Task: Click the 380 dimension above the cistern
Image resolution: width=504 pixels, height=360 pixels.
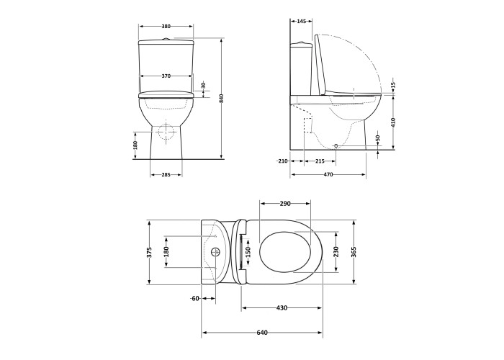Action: pos(166,27)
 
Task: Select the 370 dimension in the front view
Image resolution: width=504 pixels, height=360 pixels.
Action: pos(166,76)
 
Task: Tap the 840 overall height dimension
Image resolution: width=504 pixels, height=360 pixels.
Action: pos(222,98)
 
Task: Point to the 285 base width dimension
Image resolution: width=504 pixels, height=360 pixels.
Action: pos(166,175)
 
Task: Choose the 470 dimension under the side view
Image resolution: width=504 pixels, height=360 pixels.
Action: pos(328,175)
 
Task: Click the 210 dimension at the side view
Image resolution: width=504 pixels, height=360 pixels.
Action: pos(282,161)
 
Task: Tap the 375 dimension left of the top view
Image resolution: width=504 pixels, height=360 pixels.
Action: pos(150,252)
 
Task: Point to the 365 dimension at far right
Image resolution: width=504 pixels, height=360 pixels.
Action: pos(354,252)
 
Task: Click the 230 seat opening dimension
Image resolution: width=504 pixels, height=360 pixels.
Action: pos(336,252)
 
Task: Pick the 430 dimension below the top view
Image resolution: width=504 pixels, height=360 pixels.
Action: pos(282,307)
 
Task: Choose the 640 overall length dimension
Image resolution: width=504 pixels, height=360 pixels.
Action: pos(262,333)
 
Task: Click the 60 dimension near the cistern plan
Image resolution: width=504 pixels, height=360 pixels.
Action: pos(194,298)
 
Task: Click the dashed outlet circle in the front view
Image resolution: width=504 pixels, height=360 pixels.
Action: pos(166,132)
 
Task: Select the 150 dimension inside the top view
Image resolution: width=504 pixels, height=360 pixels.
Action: pos(247,252)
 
